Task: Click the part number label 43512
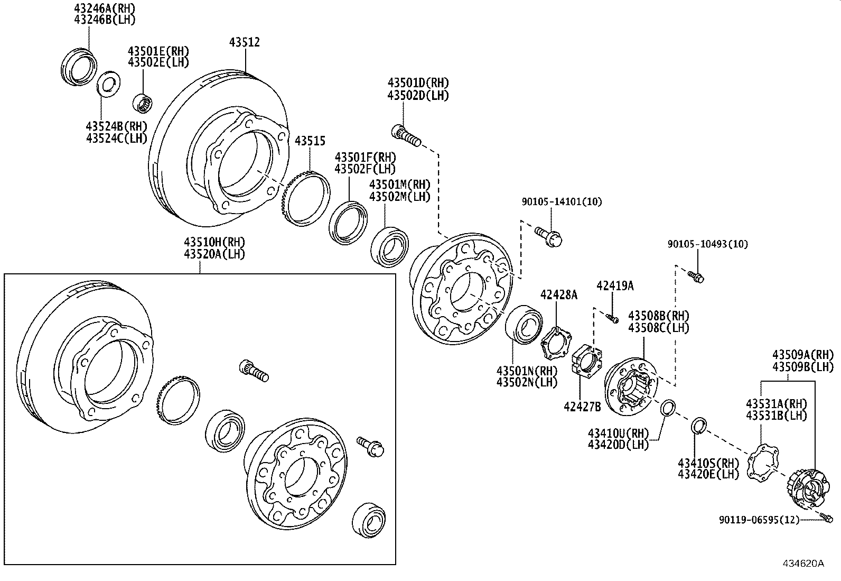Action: coord(244,42)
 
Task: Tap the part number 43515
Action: coord(310,141)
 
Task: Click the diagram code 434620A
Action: coord(803,564)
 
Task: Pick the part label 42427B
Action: coord(582,406)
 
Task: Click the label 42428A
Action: coord(558,295)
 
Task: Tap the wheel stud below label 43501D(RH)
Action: coord(406,135)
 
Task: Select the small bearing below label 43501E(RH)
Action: coord(143,102)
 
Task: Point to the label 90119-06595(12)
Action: coord(760,520)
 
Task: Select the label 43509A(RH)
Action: coord(802,355)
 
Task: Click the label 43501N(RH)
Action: coord(527,371)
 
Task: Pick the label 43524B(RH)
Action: coord(116,126)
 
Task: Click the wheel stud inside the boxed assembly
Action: coord(254,371)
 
